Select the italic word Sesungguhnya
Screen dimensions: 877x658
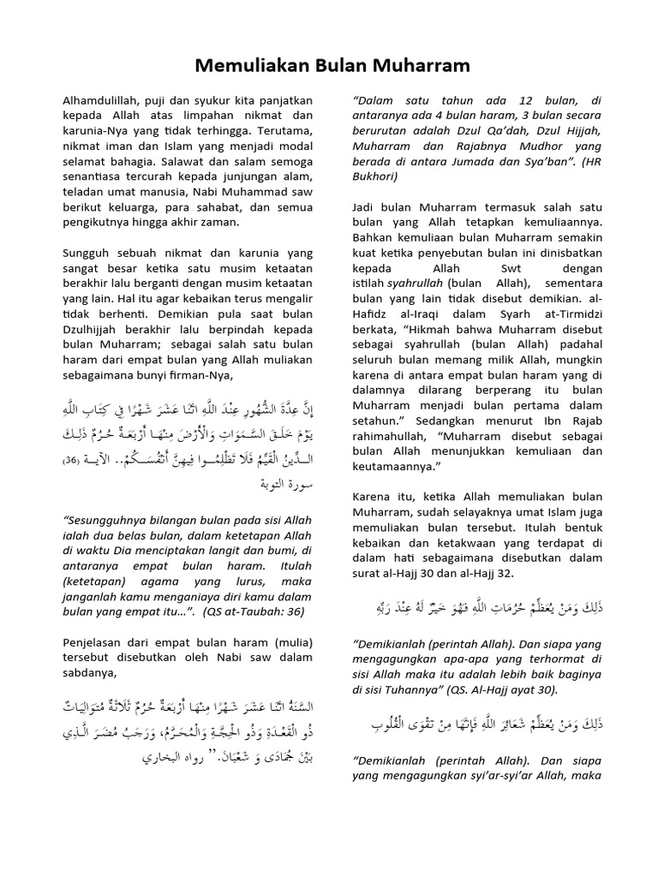tap(107, 520)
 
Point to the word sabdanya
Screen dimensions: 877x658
tap(93, 674)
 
